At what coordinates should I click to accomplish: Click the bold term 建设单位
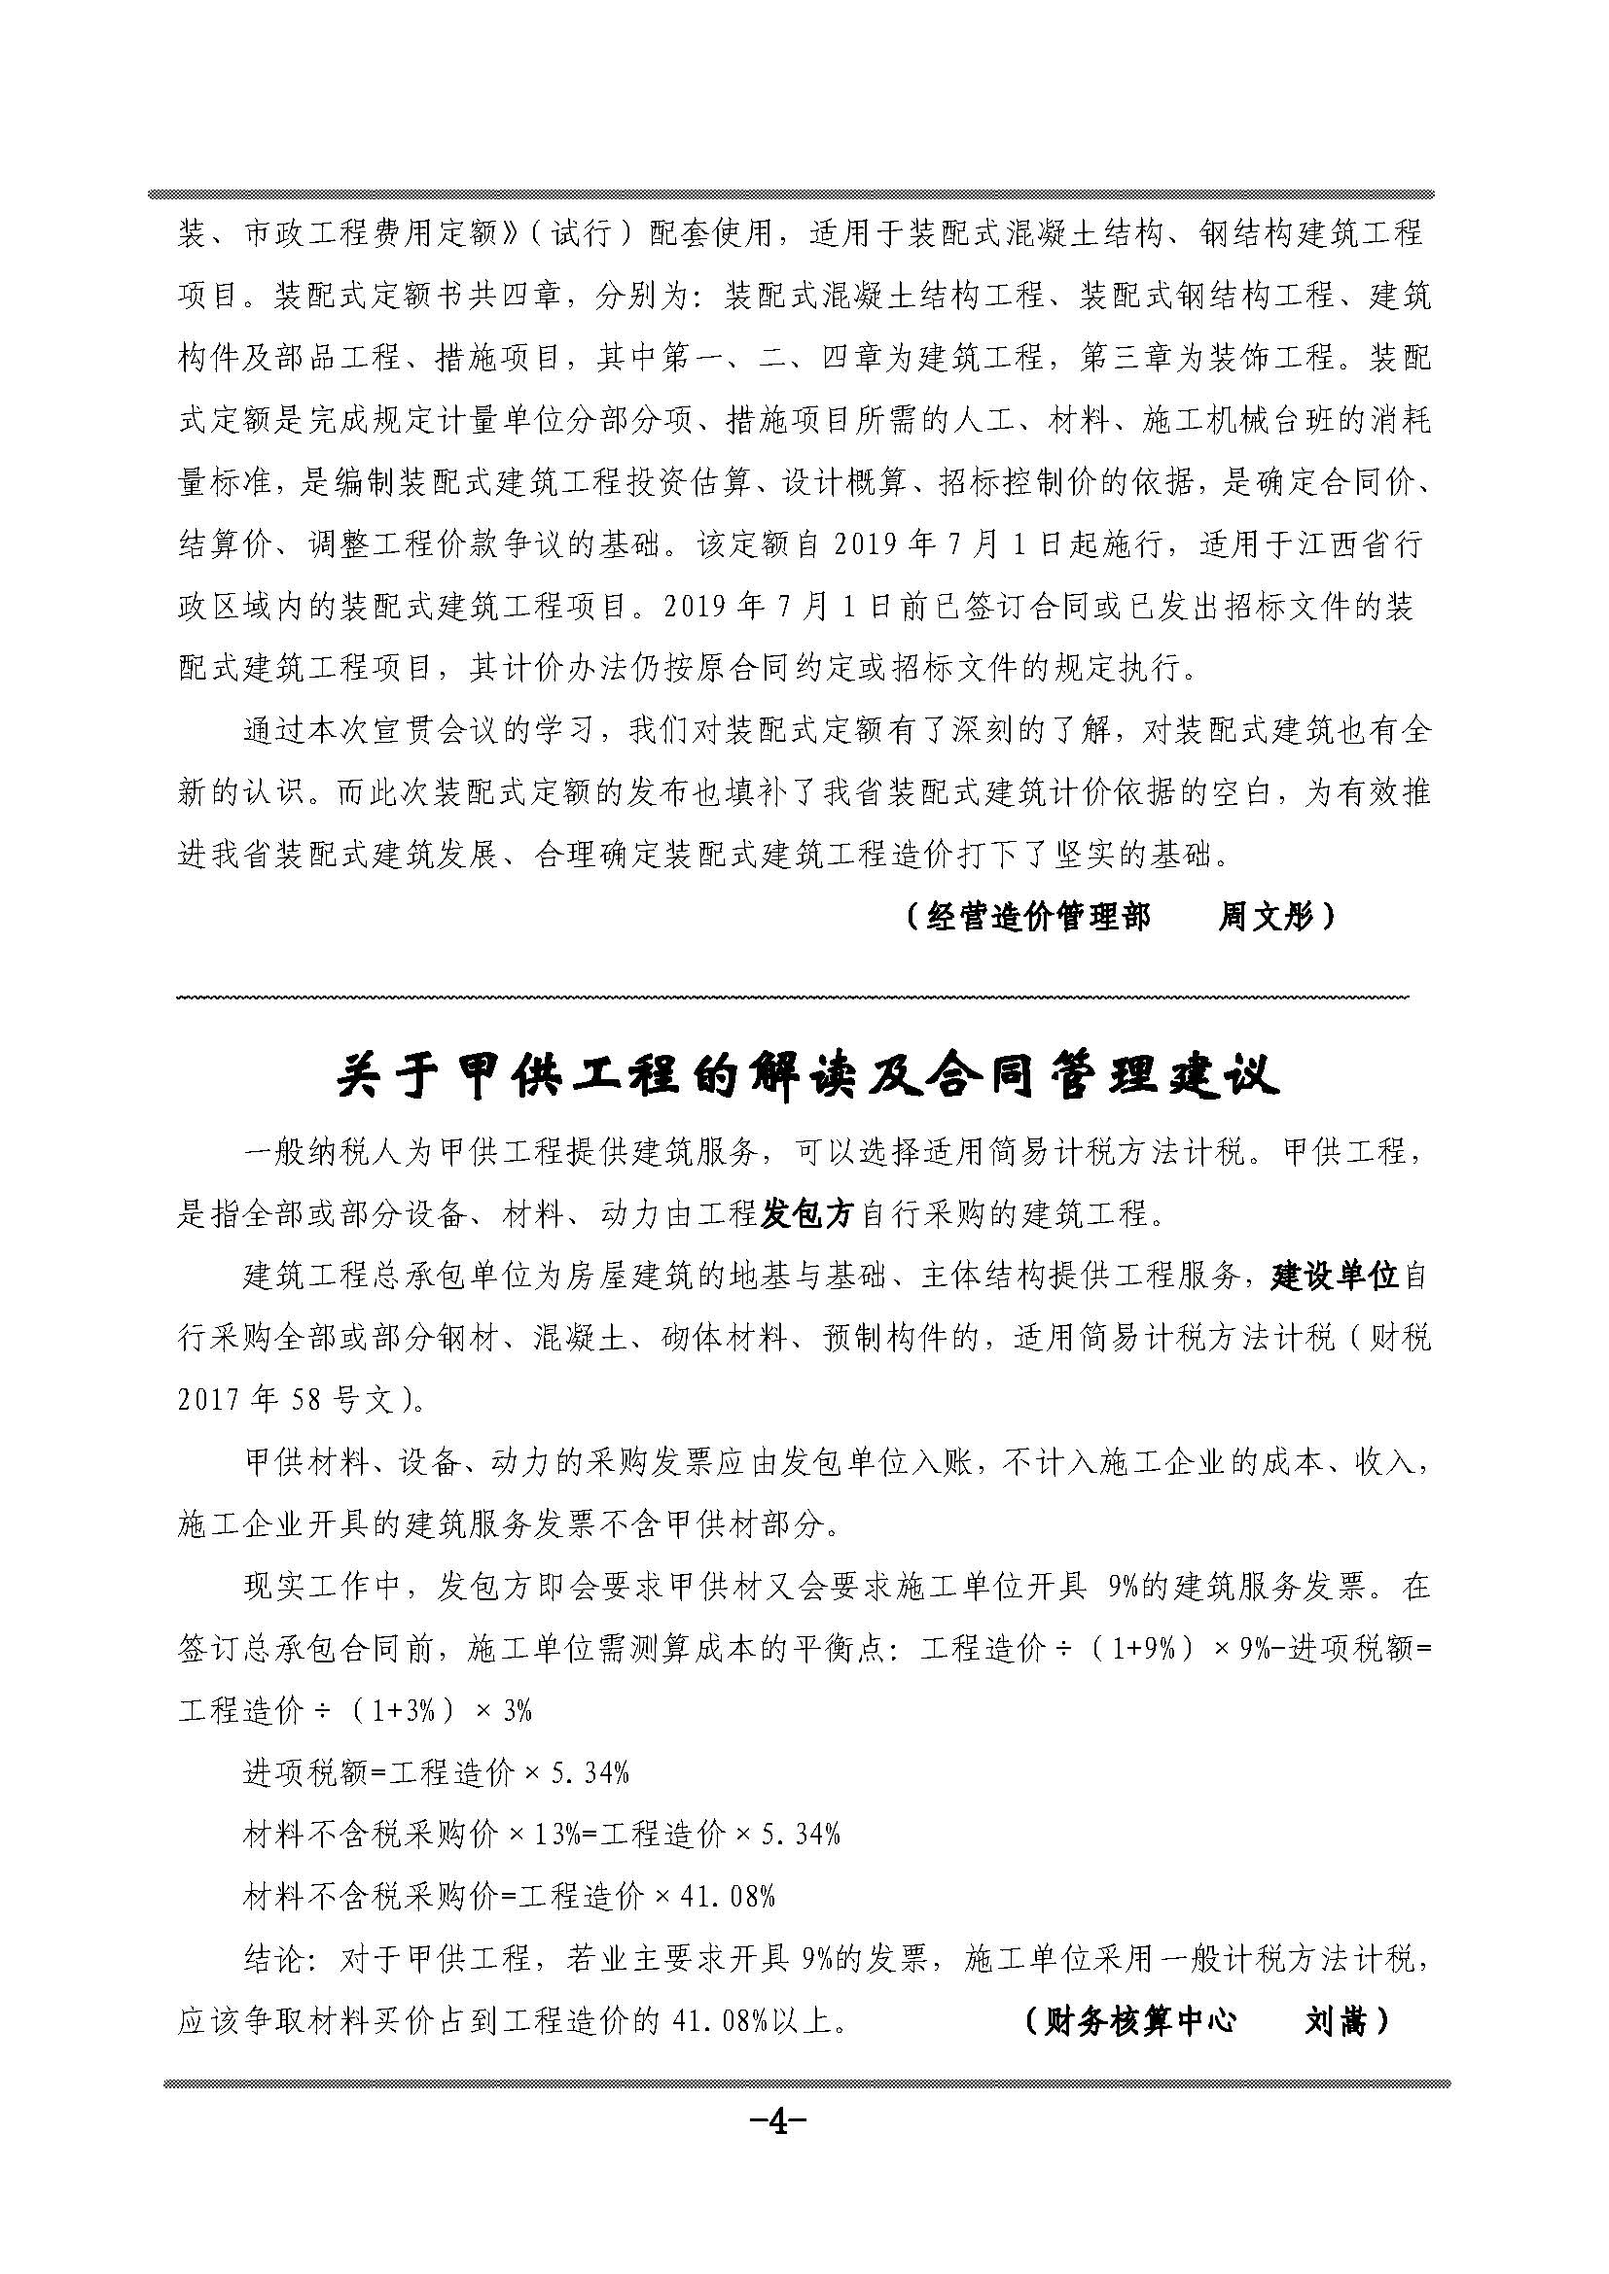[1335, 1277]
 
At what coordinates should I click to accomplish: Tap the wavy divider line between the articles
[793, 997]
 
